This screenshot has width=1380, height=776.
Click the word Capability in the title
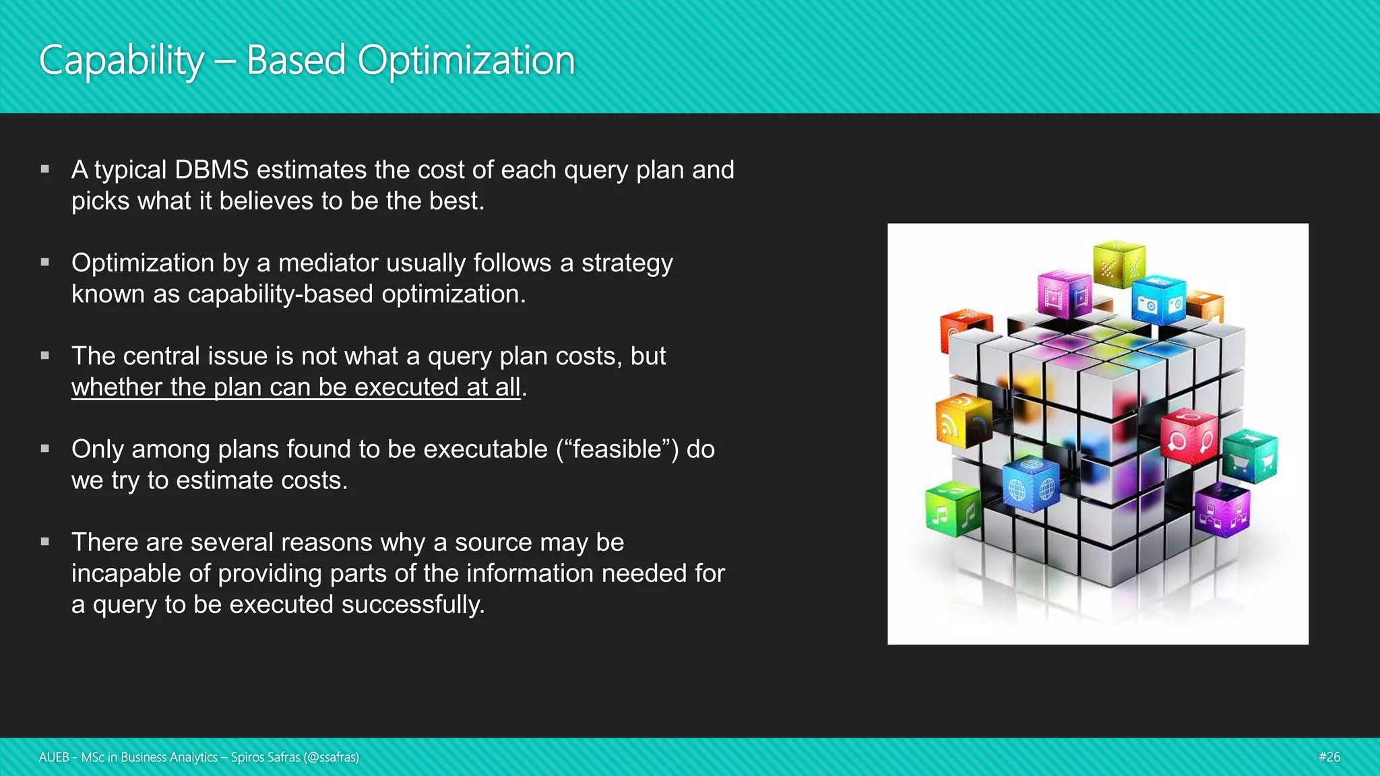[121, 61]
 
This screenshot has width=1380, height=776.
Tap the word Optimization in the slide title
[466, 61]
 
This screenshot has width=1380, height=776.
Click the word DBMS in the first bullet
[212, 170]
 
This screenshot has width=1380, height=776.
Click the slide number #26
[1329, 757]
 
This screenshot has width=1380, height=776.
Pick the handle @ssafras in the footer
[331, 757]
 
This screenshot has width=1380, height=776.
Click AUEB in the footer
[54, 757]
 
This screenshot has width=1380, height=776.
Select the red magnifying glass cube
[1189, 436]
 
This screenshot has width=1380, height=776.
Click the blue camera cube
[1159, 300]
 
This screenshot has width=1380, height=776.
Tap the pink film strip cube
[1065, 294]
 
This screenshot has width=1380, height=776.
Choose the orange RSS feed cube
[962, 421]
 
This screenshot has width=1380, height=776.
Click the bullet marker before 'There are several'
[45, 542]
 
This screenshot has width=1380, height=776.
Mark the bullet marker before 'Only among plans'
[45, 449]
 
